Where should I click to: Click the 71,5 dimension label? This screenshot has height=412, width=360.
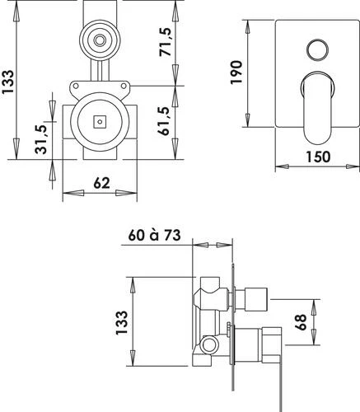(x=166, y=41)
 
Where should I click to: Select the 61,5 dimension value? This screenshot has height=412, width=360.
(x=164, y=121)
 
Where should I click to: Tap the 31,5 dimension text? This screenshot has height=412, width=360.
(x=41, y=139)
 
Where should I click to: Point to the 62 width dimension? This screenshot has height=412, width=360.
(x=101, y=183)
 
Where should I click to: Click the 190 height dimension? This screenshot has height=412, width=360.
(x=236, y=73)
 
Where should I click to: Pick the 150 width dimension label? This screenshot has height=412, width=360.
(x=318, y=157)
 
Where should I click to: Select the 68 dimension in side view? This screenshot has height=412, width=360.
(x=301, y=322)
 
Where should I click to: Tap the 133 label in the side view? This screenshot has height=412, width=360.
(x=122, y=322)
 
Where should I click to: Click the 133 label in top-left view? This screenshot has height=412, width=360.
(x=7, y=82)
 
